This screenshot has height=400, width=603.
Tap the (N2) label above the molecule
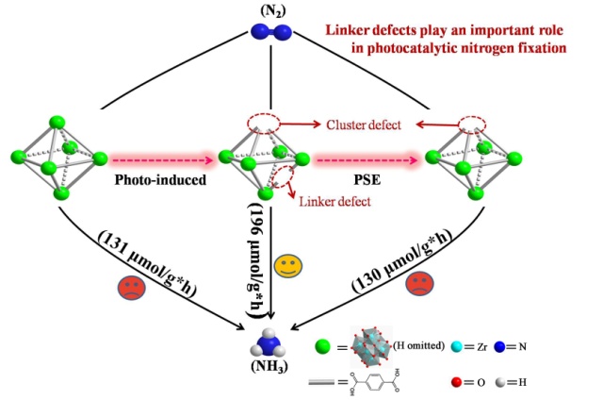tap(272, 12)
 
